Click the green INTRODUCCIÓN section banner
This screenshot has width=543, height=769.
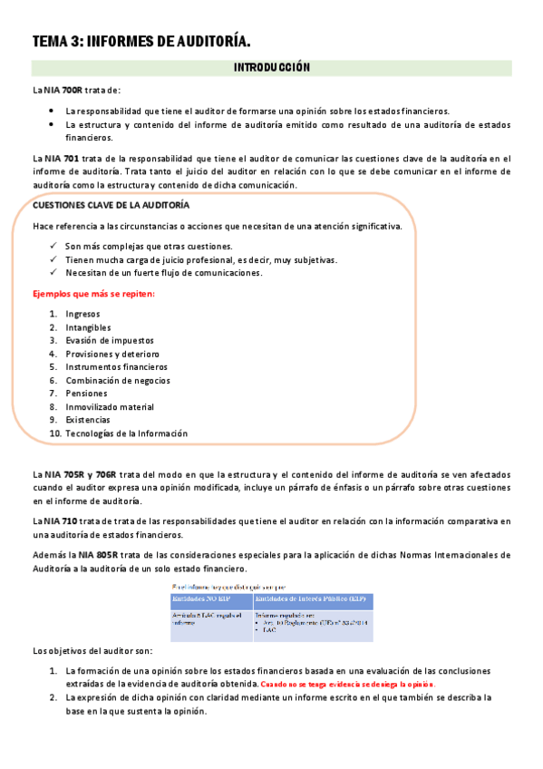coord(272,67)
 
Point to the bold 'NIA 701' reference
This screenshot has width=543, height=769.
coord(63,158)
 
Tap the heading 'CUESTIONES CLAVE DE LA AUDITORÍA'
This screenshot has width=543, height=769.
coord(111,206)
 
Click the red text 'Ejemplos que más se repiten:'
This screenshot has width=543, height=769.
coord(93,294)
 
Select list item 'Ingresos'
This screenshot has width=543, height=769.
coord(82,314)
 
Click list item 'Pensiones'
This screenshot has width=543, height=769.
coord(86,394)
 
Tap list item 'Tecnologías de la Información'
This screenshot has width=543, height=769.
coord(126,433)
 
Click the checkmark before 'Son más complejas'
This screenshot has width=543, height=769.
coord(54,247)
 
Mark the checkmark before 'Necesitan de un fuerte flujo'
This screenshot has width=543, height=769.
coord(54,273)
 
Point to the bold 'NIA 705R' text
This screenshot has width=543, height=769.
coord(62,474)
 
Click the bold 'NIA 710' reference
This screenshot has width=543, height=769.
coord(61,521)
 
